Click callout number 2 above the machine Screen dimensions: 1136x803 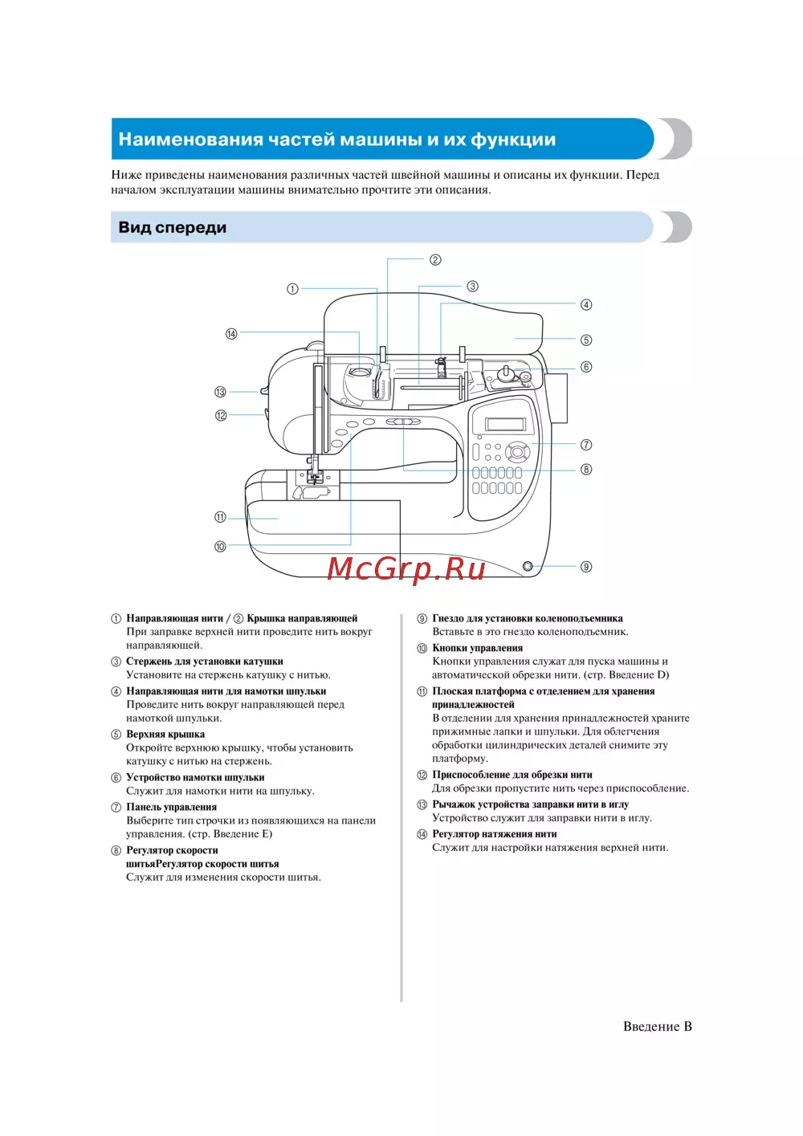(435, 259)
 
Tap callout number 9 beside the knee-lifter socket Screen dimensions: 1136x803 (586, 567)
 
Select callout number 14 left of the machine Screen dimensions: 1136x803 (231, 334)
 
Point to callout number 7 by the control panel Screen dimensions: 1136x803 (586, 445)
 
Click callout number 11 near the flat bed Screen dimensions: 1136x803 (220, 517)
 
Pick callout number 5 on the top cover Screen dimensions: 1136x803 (586, 340)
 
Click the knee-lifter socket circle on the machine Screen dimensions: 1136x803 (528, 566)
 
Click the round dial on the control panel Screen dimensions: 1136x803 (516, 452)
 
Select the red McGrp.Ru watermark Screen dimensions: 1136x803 (406, 568)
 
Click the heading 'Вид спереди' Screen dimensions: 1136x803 (173, 227)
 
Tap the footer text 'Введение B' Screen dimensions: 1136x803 (657, 1026)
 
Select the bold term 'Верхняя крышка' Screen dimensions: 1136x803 (165, 734)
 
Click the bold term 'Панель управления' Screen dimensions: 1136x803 (171, 807)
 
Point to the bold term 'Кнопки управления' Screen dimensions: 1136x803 (477, 648)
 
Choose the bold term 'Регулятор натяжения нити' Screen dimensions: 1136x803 (494, 833)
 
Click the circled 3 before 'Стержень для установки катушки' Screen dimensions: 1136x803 (116, 662)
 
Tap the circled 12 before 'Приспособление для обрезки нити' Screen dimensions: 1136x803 (422, 775)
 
